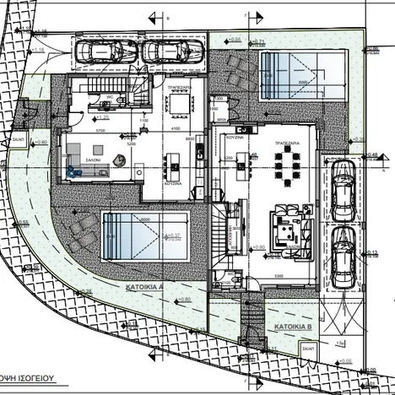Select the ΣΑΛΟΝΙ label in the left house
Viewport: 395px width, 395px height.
coord(91,159)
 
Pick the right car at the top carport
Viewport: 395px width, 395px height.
coord(161,52)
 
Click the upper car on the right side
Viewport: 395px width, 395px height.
coord(343,189)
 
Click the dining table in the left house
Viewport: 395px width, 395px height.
coord(179,104)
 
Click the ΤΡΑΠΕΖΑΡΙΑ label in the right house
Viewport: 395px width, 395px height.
coord(289,144)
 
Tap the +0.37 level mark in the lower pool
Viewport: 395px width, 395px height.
coord(176,235)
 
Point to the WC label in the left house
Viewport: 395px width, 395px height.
coord(110,97)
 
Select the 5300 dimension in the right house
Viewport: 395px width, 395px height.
coord(278,274)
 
